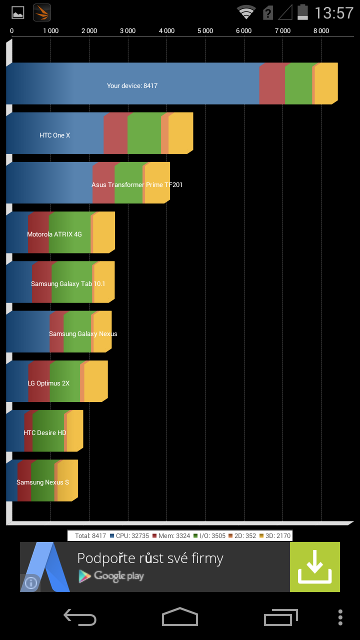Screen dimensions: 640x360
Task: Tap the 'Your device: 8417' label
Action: [132, 86]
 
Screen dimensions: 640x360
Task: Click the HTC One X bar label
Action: [55, 135]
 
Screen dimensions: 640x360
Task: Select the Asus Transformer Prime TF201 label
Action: [137, 185]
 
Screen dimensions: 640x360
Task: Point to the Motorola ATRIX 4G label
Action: [54, 234]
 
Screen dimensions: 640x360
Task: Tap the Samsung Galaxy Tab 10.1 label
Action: [68, 284]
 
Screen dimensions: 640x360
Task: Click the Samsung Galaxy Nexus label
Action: [83, 334]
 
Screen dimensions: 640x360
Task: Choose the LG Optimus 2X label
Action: [48, 383]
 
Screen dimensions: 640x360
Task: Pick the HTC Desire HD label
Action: [45, 433]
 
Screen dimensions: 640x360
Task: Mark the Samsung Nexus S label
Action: [42, 482]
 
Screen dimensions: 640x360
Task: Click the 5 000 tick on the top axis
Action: [205, 31]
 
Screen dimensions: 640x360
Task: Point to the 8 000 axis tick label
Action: [321, 31]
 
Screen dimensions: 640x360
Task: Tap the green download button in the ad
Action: [314, 567]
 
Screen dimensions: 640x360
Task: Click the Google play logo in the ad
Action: [111, 576]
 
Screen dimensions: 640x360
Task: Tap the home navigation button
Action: [179, 616]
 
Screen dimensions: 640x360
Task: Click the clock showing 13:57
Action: [334, 12]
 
